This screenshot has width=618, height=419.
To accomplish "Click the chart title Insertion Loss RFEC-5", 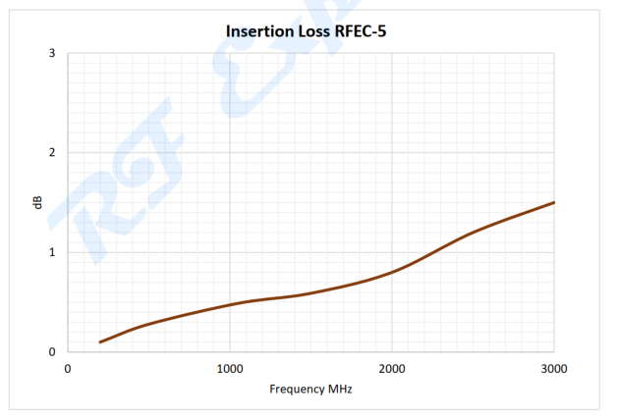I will [310, 31].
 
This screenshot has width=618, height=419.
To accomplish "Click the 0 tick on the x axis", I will [68, 368].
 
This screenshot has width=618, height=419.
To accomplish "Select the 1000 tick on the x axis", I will [230, 368].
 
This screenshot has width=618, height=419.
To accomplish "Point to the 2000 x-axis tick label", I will [392, 368].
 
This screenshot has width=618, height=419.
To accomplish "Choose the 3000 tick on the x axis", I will [554, 368].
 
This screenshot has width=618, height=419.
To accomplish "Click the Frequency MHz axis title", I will [310, 389].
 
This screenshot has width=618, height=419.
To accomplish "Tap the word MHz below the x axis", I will [338, 389].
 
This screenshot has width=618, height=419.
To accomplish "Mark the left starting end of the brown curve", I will [100, 341].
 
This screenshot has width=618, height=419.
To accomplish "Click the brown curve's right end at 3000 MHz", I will [554, 202].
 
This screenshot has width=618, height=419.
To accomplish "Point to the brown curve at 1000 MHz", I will [230, 304].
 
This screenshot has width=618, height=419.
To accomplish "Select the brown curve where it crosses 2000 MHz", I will [392, 271].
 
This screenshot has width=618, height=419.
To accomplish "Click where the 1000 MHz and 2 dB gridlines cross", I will [230, 152].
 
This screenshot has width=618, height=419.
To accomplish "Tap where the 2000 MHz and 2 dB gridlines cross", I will [392, 152].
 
